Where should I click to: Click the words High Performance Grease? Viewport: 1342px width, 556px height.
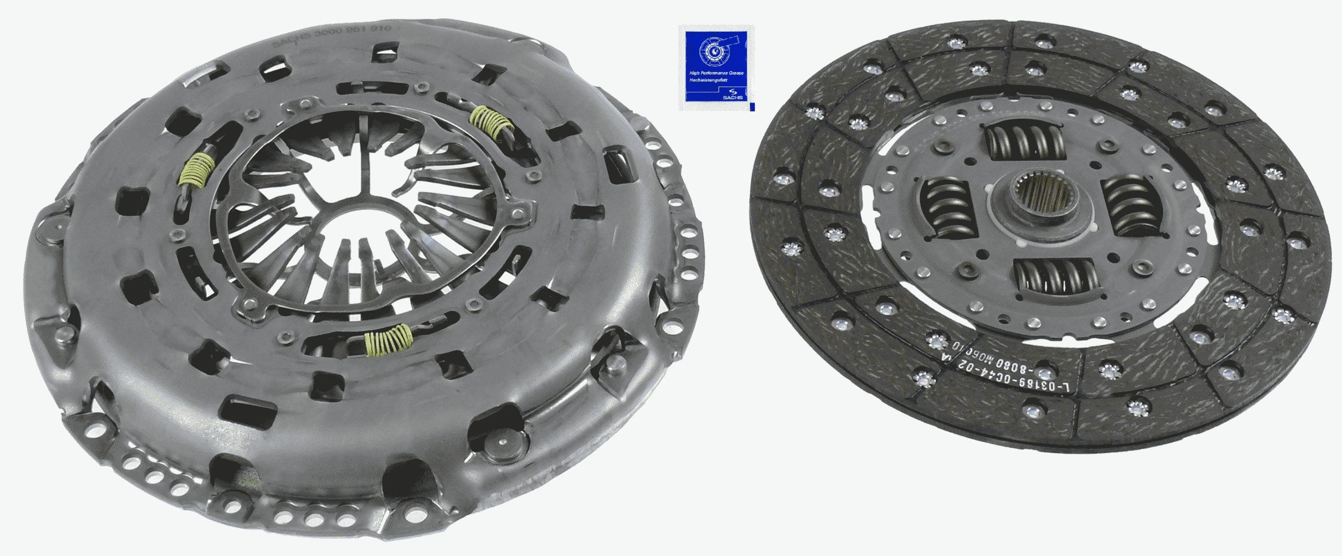coord(716,73)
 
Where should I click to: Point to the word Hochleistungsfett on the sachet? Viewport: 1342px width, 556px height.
coord(708,80)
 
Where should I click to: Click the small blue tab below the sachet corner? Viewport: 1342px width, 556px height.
coord(752,107)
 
